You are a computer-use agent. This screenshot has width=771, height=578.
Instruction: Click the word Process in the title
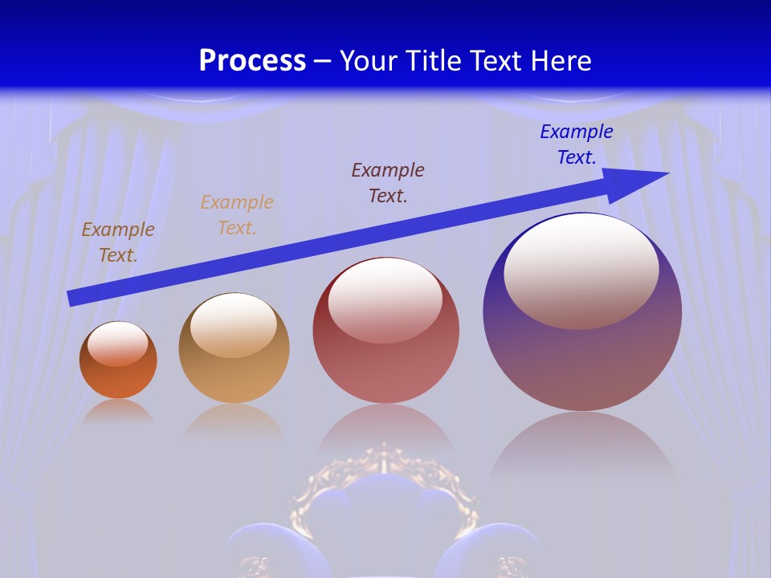tap(252, 61)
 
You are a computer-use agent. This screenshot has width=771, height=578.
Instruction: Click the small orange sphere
tap(118, 377)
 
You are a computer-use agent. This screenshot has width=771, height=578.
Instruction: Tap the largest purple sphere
tap(582, 361)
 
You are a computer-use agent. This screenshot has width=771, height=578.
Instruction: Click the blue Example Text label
tap(576, 144)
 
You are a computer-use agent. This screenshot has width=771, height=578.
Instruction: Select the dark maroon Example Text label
tap(388, 182)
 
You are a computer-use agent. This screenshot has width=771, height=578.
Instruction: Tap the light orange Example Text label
tap(237, 215)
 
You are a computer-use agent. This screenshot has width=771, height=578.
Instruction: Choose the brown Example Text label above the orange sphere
tap(118, 242)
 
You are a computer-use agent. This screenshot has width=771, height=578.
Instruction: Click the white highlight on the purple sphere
tap(581, 269)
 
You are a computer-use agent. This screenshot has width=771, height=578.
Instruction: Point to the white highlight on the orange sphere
tap(117, 344)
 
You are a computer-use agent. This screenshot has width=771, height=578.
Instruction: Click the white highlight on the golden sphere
tap(234, 325)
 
